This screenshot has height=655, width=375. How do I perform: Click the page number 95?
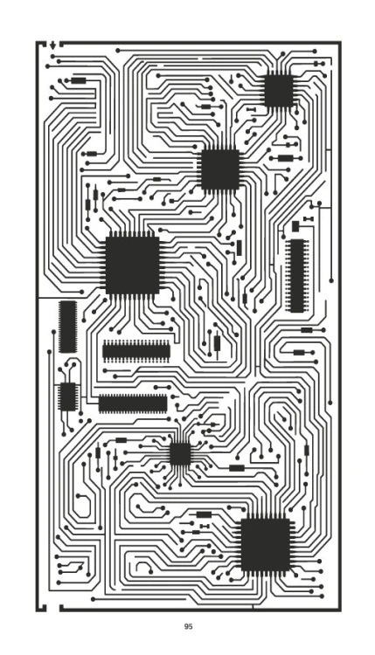(188, 626)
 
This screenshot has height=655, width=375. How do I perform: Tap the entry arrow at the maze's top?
(52, 45)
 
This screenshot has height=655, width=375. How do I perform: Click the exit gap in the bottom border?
(52, 608)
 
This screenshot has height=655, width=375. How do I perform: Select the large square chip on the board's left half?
(132, 265)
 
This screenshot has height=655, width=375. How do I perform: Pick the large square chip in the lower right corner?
(266, 545)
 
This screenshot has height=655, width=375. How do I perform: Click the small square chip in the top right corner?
(279, 90)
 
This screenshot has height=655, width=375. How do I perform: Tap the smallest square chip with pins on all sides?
(180, 454)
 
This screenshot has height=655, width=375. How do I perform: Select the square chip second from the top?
(220, 169)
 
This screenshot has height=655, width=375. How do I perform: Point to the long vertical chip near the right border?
(297, 276)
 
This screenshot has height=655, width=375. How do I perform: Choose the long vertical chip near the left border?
(67, 327)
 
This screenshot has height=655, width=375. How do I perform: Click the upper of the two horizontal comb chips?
(136, 351)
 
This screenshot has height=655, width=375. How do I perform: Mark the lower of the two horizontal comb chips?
(133, 404)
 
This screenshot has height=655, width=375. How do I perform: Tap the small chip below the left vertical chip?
(67, 396)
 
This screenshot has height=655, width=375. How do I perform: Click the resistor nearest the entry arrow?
(78, 80)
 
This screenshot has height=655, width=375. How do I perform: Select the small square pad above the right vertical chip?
(295, 226)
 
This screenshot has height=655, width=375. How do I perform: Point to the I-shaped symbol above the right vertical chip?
(308, 219)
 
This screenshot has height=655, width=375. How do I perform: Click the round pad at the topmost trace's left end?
(118, 51)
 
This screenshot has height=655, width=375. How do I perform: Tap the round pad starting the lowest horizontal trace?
(93, 599)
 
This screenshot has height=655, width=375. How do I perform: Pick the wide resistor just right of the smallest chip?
(237, 468)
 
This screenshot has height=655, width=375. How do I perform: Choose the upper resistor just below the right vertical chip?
(307, 330)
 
